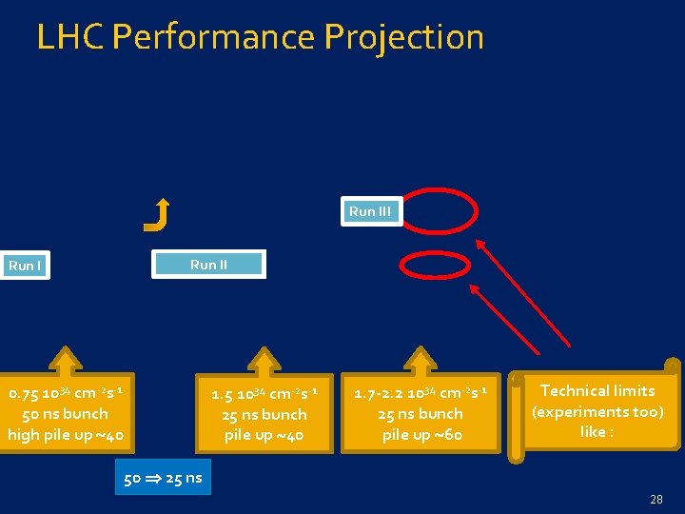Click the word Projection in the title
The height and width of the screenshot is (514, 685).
(403, 37)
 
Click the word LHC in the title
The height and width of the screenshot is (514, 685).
(70, 37)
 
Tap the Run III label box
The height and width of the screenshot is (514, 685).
(370, 211)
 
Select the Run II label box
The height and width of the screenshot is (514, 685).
(209, 264)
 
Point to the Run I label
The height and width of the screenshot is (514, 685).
(25, 266)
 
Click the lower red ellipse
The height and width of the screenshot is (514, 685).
(434, 266)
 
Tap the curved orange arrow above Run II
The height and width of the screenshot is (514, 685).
(157, 214)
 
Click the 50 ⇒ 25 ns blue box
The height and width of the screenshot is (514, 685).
(163, 478)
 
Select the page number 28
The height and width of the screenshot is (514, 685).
(656, 499)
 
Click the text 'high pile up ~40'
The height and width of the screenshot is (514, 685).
(66, 436)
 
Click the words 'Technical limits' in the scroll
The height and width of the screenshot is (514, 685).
(597, 390)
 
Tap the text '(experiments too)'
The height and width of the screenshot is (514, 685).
(597, 411)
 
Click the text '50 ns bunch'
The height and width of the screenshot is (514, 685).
(65, 414)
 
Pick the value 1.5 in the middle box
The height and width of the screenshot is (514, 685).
(223, 394)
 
